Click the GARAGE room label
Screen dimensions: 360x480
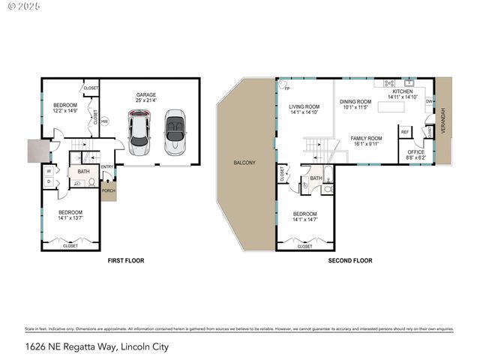point(145,95)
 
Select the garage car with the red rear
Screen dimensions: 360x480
point(139,128)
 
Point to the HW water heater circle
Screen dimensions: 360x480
point(105,121)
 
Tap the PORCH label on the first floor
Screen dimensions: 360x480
point(109,190)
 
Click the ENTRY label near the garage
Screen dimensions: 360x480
point(107,166)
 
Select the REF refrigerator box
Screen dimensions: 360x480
point(405,132)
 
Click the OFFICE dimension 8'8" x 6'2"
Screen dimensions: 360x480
point(415,157)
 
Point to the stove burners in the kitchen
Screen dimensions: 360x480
point(389,82)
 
